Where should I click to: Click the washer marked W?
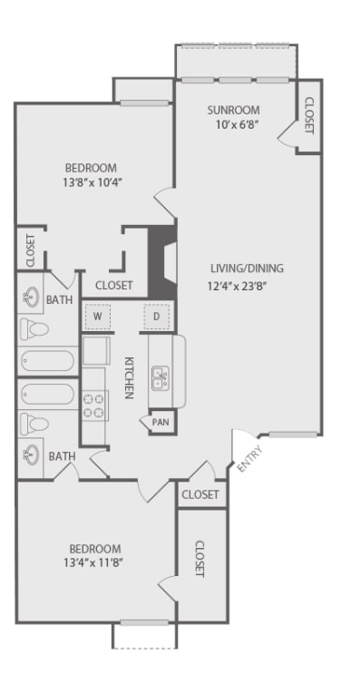click(97, 317)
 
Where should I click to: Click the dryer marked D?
click(156, 317)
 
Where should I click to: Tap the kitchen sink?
click(160, 377)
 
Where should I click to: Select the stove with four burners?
click(93, 406)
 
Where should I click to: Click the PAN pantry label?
click(161, 422)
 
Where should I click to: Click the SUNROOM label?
click(233, 111)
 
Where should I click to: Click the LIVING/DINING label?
click(247, 269)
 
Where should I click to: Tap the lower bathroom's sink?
click(32, 454)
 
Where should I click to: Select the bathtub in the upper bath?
click(45, 360)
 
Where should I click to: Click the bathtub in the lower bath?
click(45, 395)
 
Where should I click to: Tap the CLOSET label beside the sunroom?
click(308, 116)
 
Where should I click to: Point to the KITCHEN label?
click(129, 376)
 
